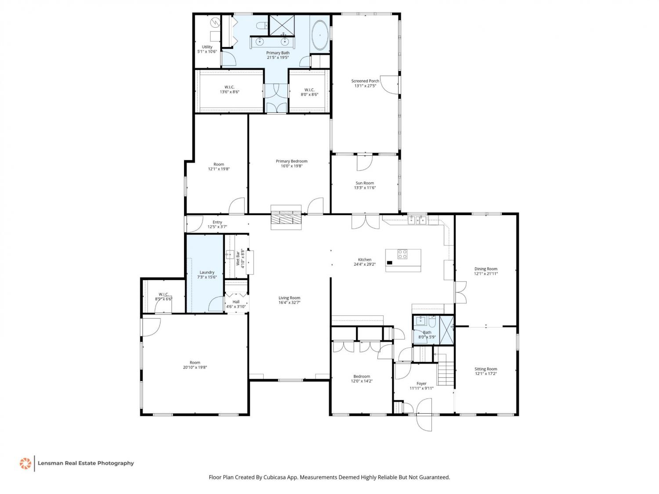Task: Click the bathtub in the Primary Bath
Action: (320, 36)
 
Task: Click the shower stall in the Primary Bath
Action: (282, 25)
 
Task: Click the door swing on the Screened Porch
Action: (390, 85)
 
